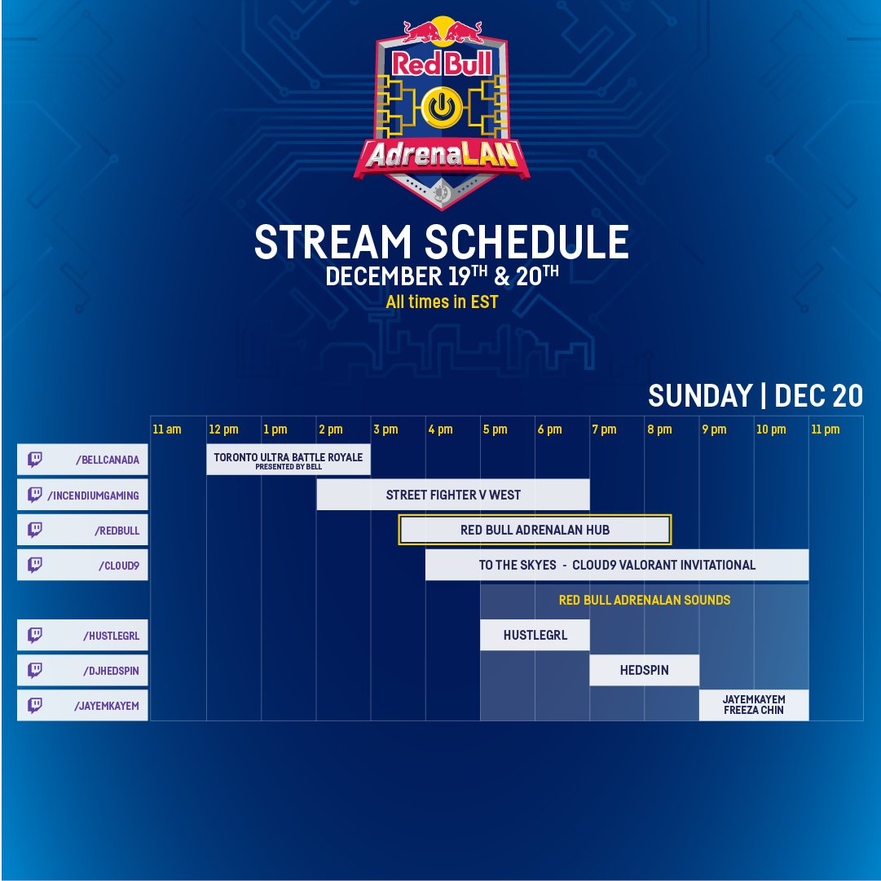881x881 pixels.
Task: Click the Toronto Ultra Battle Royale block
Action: (289, 460)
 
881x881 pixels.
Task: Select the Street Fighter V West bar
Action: (453, 495)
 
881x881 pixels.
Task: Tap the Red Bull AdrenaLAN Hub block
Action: (535, 530)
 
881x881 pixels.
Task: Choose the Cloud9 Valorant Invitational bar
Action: (617, 565)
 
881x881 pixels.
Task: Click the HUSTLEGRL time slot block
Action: (535, 635)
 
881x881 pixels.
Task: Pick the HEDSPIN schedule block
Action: (645, 670)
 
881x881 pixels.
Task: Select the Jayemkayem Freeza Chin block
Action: (754, 705)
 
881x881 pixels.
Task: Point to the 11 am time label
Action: (167, 429)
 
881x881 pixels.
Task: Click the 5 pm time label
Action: (495, 429)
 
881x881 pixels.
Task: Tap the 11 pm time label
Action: (826, 429)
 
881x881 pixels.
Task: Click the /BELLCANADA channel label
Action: (108, 460)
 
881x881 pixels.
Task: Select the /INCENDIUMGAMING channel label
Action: (93, 495)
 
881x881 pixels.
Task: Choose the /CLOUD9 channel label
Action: (119, 566)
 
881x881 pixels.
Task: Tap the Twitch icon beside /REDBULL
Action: (35, 530)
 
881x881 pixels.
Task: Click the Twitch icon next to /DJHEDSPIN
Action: (35, 670)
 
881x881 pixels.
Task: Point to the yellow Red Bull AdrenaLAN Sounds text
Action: (645, 600)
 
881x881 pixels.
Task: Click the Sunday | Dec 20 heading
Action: (755, 395)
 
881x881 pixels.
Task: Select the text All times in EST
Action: (442, 302)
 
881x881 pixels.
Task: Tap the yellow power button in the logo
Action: (443, 107)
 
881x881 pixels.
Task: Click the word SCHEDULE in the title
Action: (526, 241)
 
